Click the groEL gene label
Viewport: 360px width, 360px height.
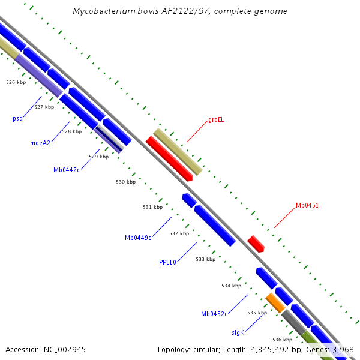point(216,120)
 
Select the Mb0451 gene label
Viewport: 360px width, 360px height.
point(307,206)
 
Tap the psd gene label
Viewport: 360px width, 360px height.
point(17,118)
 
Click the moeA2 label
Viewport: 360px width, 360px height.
point(40,143)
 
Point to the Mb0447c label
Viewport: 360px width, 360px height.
point(66,170)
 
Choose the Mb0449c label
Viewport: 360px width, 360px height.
point(137,238)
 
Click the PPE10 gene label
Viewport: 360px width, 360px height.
point(167,262)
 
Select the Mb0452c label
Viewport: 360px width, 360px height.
point(214,314)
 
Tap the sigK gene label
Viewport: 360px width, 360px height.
point(238,332)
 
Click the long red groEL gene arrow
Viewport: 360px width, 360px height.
point(169,158)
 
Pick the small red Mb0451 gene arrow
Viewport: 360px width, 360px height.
point(256,244)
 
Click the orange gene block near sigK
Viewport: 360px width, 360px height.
point(275,302)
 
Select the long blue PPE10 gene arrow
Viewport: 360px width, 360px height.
point(214,225)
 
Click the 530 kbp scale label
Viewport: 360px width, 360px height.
point(125,182)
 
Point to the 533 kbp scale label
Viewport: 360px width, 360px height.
point(205,260)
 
